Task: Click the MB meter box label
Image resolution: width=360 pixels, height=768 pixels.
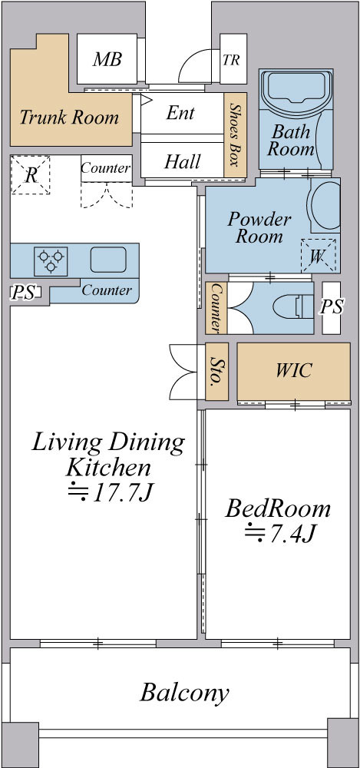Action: [107, 59]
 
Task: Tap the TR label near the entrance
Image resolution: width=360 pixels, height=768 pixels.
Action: [231, 60]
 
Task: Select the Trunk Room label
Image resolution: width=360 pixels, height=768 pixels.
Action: [70, 118]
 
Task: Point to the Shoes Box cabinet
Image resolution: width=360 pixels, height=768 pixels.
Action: [236, 135]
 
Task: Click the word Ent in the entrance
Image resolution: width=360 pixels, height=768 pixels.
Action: [180, 113]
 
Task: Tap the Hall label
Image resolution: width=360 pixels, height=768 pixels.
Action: [182, 161]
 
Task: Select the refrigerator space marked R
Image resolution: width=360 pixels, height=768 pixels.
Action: [31, 175]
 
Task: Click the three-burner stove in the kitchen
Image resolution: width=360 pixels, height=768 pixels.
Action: [51, 261]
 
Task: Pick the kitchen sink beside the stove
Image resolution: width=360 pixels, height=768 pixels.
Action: [108, 260]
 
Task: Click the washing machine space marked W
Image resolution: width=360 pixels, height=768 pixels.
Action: [319, 256]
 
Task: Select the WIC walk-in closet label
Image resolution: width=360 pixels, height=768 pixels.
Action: [293, 370]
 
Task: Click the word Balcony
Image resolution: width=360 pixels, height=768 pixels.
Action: [185, 694]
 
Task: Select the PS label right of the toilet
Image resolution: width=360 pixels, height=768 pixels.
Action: [332, 306]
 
